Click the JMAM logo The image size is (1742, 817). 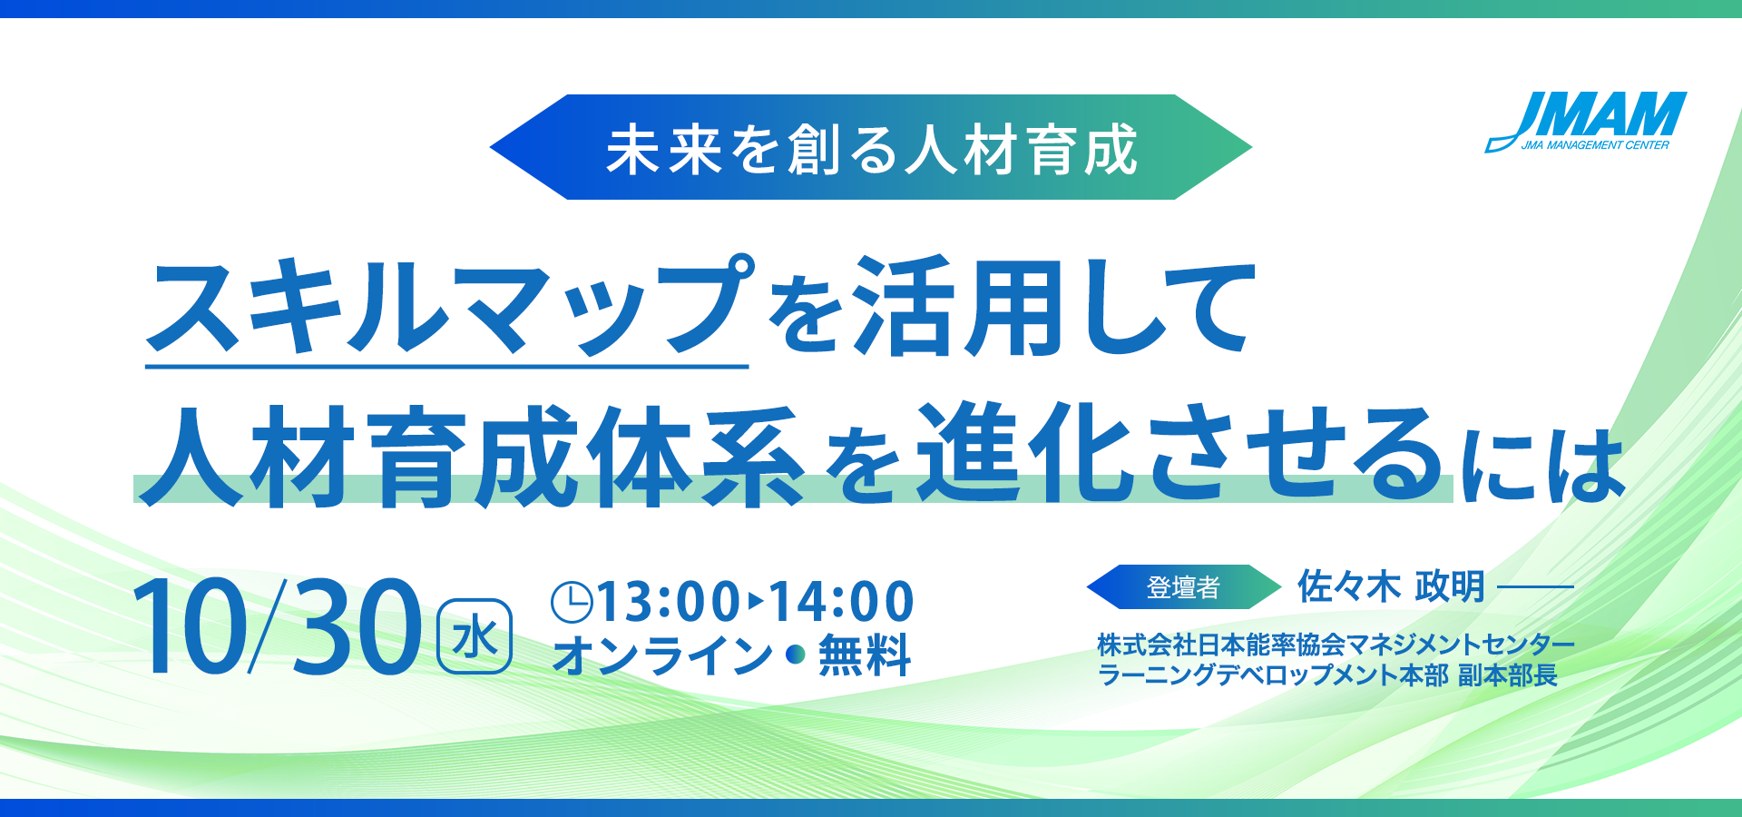[1586, 122]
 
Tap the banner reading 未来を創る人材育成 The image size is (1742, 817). [871, 147]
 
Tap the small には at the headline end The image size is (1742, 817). [1543, 465]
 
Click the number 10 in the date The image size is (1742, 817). [191, 626]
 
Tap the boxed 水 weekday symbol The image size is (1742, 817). [475, 636]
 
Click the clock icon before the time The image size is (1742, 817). [573, 602]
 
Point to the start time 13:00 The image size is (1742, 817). [669, 602]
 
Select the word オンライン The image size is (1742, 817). [662, 655]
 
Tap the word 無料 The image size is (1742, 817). [865, 655]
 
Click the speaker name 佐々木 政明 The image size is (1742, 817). [1391, 586]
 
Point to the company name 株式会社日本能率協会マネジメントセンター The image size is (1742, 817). [1336, 645]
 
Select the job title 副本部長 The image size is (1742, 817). [1508, 675]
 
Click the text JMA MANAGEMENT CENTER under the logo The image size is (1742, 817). [1595, 145]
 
